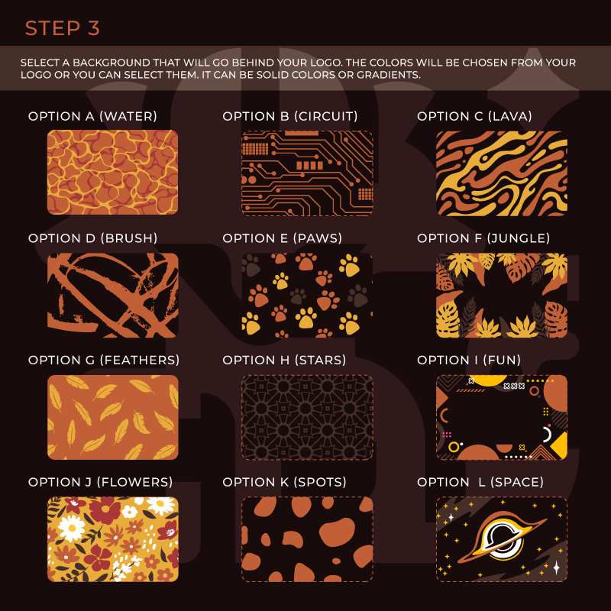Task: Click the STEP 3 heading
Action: point(63,28)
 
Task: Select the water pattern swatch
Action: point(112,173)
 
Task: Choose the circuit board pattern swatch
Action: point(307,173)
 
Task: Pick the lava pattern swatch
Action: point(502,173)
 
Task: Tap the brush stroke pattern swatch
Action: point(112,296)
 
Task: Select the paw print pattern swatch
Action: point(307,296)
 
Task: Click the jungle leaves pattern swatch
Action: point(502,296)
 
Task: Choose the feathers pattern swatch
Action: point(112,417)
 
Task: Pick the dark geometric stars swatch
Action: point(307,417)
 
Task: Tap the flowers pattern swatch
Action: point(112,539)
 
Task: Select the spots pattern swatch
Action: point(307,539)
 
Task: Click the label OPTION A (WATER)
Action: point(92,116)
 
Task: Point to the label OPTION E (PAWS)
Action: point(282,238)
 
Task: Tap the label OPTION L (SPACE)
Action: point(480,482)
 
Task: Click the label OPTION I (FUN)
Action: point(469,360)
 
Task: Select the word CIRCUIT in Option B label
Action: point(326,116)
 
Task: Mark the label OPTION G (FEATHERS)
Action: point(104,360)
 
